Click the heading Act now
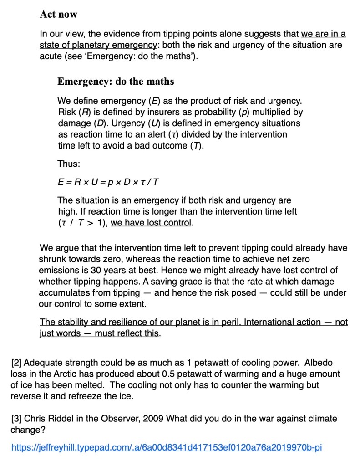click(58, 14)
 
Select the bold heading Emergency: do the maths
click(116, 82)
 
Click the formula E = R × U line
click(108, 182)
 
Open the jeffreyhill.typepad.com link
click(166, 447)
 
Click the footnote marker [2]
click(16, 363)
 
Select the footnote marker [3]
click(16, 419)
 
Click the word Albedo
click(318, 363)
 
